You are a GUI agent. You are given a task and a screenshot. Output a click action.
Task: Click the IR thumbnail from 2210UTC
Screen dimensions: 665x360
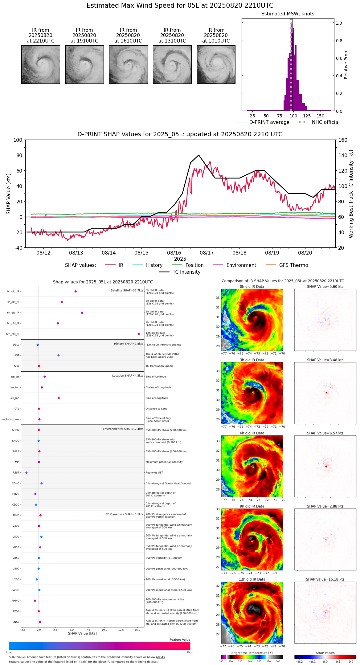(40, 64)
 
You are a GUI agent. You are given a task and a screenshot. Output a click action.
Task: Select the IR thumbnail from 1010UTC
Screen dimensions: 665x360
(216, 64)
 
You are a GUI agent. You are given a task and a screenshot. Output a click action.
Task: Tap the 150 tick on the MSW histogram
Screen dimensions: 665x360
(321, 116)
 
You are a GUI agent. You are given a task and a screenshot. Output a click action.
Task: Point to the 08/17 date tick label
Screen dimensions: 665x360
(207, 253)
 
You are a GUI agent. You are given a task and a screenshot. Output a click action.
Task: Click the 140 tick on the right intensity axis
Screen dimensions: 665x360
(343, 155)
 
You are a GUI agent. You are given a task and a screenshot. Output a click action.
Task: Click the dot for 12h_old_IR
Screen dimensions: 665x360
(139, 334)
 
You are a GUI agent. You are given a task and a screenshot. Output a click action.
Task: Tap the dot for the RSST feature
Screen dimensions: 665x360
(27, 473)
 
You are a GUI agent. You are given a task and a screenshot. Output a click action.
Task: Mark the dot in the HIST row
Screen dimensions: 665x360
(59, 355)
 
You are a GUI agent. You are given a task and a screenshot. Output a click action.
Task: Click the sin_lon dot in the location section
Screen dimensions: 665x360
(59, 398)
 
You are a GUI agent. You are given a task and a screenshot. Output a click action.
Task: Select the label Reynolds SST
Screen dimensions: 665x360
(154, 473)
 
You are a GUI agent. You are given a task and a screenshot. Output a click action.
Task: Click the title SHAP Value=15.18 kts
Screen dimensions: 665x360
(325, 579)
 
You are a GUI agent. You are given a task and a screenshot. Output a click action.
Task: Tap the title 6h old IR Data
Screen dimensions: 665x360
(252, 433)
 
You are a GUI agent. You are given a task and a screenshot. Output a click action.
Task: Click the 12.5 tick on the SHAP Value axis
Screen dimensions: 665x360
(121, 629)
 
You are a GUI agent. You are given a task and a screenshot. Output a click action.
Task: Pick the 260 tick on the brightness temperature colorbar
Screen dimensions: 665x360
(259, 661)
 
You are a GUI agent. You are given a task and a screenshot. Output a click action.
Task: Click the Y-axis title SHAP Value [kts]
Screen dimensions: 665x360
(9, 194)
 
